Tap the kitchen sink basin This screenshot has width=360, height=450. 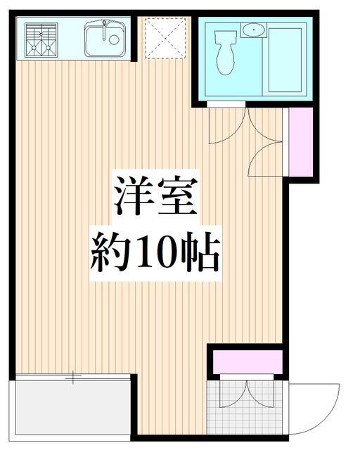pos(105,39)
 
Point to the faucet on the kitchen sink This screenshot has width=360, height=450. pos(104,29)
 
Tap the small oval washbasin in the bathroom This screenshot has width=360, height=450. pos(252,30)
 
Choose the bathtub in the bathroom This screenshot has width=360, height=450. pos(284,59)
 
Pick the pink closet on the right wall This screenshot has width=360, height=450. pos(299,143)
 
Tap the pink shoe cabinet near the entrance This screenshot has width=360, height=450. pos(247,362)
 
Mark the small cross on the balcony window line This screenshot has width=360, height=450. pos(73,378)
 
